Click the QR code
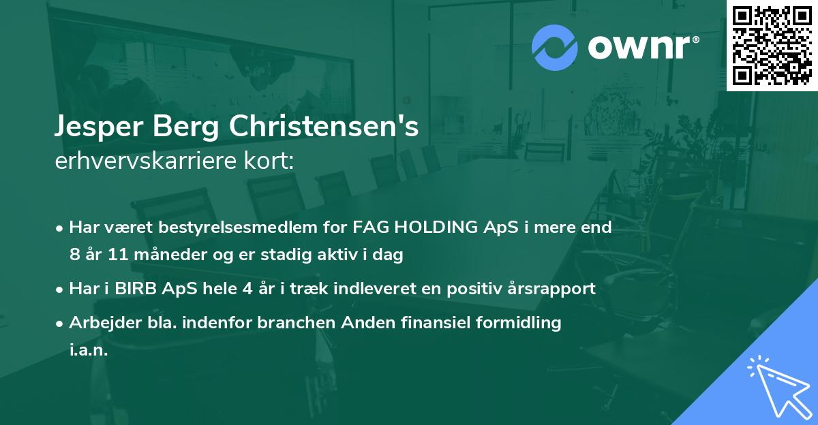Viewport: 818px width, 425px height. click(771, 45)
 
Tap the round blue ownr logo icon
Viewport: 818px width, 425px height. click(555, 47)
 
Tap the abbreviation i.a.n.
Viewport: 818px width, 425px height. click(89, 350)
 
